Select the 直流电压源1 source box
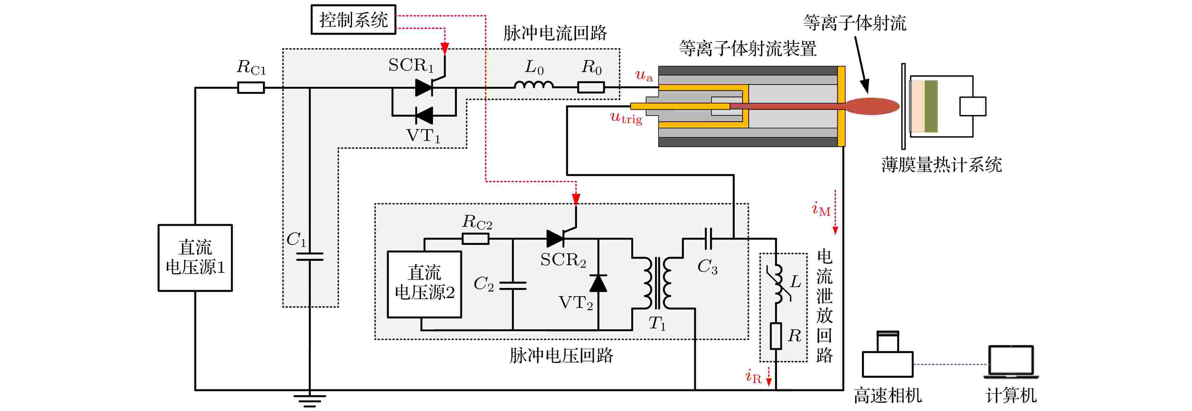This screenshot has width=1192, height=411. tap(195, 258)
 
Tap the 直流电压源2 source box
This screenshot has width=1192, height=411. tap(424, 284)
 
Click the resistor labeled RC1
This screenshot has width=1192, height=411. tap(251, 88)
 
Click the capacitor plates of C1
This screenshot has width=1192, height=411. tap(310, 256)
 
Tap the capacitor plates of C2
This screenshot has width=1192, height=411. tap(513, 285)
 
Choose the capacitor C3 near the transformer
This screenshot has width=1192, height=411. tap(708, 239)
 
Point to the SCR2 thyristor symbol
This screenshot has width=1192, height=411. tap(555, 239)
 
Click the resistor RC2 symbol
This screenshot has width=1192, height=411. tap(476, 239)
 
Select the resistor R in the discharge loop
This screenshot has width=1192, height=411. tap(776, 336)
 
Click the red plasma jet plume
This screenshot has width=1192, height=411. tap(872, 106)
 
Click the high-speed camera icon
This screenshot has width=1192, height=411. tap(887, 356)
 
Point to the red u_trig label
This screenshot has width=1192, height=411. tap(626, 118)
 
